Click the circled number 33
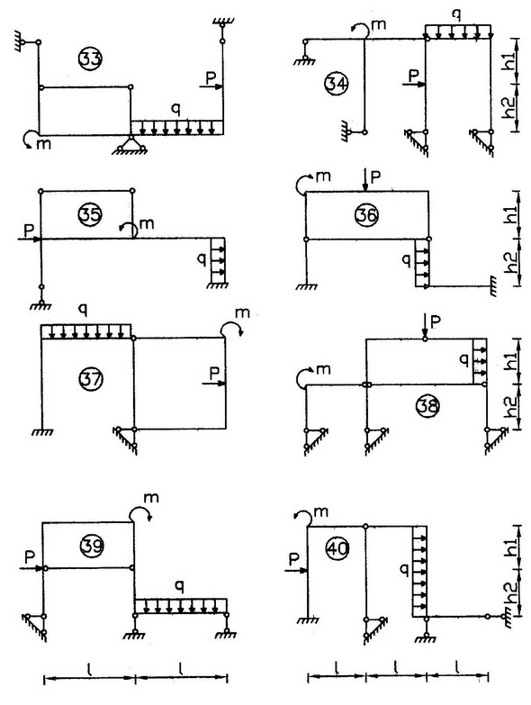pos(90,59)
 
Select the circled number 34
pos(337,84)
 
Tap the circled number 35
pos(90,214)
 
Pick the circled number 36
pos(366,215)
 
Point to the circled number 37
pos(91,379)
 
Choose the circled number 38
pos(427,405)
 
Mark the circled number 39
pos(92,546)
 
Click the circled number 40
pos(337,548)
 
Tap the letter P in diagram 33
pos(211,77)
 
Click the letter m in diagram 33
pos(44,144)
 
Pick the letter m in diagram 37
pos(242,313)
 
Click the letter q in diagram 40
pos(404,571)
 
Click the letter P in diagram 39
pos(30,557)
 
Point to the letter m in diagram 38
pos(323,369)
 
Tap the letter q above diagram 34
pos(456,15)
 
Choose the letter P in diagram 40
pos(293,559)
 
